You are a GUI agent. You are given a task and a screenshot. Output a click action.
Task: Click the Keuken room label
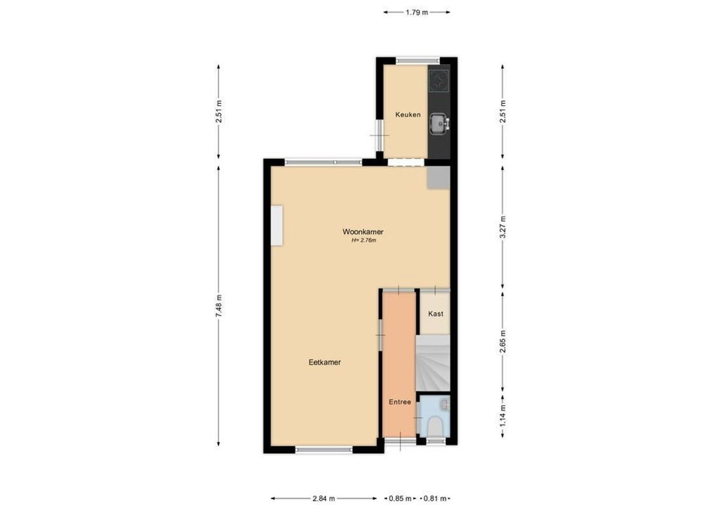407,115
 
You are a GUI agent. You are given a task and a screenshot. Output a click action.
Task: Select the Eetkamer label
325,362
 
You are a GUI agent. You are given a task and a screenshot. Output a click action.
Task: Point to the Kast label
435,314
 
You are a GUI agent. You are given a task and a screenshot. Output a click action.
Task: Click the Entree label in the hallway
400,402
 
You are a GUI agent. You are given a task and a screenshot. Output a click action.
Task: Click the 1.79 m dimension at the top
417,11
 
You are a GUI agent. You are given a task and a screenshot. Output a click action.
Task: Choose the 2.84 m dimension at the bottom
325,499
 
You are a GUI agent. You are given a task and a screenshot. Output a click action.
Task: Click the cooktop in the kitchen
439,80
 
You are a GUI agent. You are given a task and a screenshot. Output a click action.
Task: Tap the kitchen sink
438,123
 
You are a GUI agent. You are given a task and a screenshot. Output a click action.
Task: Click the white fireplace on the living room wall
277,224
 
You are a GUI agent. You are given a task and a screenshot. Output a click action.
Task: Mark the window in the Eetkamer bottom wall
325,449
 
